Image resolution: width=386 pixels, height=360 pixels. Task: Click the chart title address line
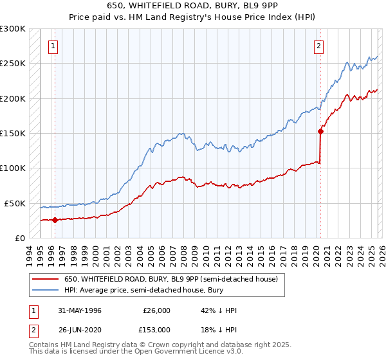(193, 6)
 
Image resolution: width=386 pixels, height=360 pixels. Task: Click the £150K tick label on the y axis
(13, 133)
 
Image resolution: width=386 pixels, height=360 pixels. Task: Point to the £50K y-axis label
(15, 203)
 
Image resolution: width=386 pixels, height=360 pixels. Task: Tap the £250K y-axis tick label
(13, 64)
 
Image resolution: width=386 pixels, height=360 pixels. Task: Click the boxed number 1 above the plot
(52, 46)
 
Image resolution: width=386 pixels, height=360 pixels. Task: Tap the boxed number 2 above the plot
(318, 46)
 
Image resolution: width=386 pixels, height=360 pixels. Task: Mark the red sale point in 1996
(55, 220)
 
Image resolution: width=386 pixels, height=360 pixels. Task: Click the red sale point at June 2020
(320, 131)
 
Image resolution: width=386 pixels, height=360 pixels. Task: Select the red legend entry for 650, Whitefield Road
(170, 279)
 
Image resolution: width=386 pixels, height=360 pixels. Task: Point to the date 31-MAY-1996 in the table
(80, 310)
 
